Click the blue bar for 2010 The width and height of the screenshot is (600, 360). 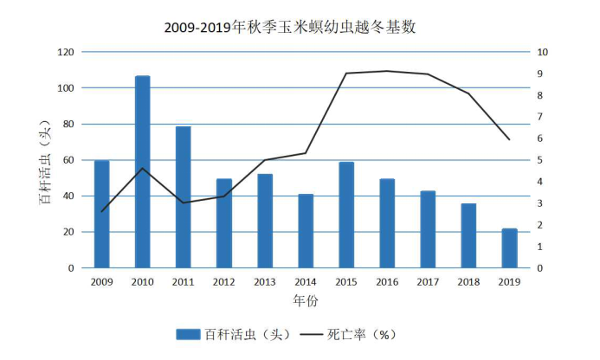pyautogui.click(x=143, y=172)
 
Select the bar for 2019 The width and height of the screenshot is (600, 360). pyautogui.click(x=510, y=248)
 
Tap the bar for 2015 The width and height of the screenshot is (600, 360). pyautogui.click(x=346, y=215)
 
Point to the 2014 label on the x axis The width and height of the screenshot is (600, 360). pyautogui.click(x=306, y=282)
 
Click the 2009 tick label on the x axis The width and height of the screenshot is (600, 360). pyautogui.click(x=101, y=282)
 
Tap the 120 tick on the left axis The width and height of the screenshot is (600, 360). pyautogui.click(x=65, y=52)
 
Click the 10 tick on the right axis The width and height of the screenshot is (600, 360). pyautogui.click(x=542, y=52)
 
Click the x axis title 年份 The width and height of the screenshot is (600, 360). pyautogui.click(x=305, y=301)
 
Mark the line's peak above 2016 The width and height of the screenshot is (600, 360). pyautogui.click(x=387, y=71)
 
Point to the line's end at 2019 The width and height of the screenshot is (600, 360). pyautogui.click(x=510, y=139)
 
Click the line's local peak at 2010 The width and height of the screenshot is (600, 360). pyautogui.click(x=143, y=168)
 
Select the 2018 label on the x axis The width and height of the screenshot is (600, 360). pyautogui.click(x=468, y=282)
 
